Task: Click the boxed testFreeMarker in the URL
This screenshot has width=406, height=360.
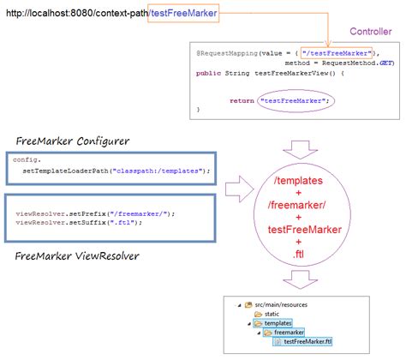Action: (183, 12)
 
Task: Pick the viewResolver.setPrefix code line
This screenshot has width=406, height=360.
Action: (75, 213)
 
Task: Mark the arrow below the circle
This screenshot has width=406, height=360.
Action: (306, 279)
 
